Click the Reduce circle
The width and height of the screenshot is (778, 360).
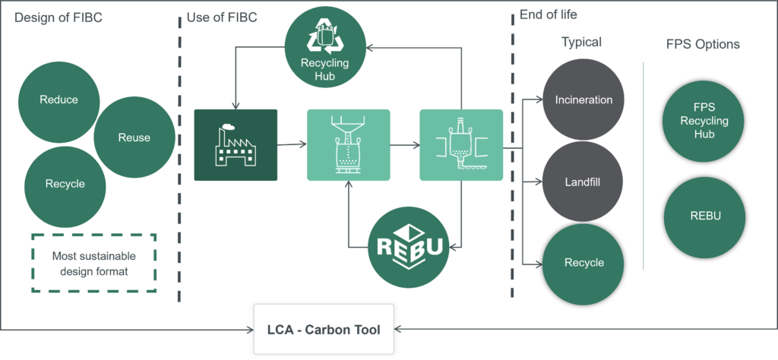click(59, 99)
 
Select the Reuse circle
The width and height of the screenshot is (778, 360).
click(134, 137)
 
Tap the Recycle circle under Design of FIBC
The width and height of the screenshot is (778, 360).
click(65, 183)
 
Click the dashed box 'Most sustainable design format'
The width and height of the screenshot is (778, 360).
click(93, 263)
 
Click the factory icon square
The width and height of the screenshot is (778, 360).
click(236, 145)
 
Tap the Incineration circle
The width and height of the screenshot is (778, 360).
click(583, 99)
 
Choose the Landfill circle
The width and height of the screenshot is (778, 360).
click(583, 182)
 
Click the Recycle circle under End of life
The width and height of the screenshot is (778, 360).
click(583, 263)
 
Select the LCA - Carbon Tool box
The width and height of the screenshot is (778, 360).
click(324, 330)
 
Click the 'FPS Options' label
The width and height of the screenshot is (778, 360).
click(703, 44)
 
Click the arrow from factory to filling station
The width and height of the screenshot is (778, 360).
click(292, 145)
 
